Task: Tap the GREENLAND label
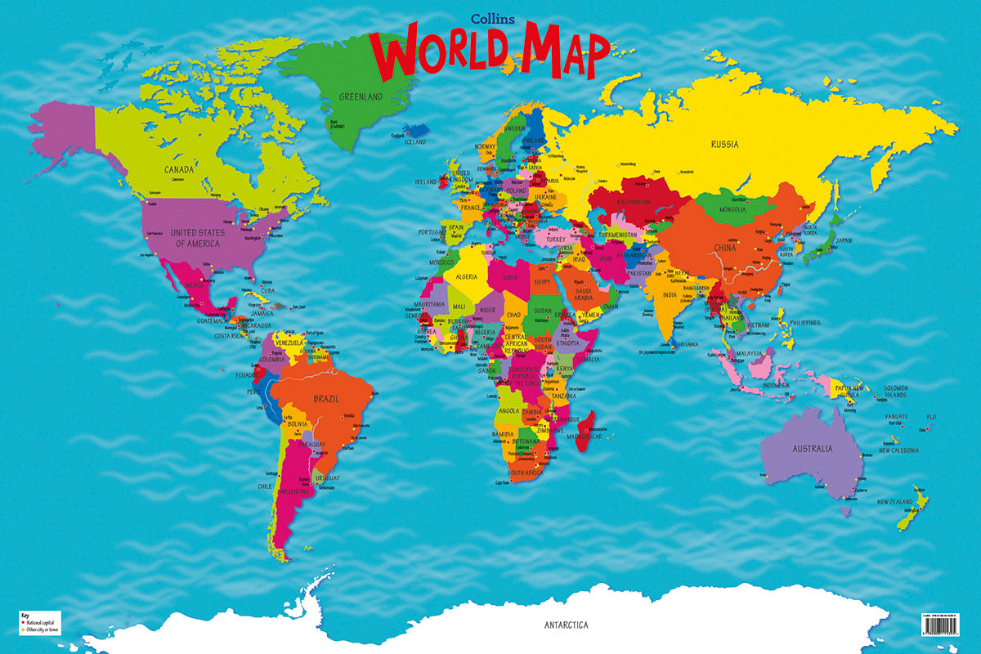[x=361, y=96]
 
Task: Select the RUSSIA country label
[x=724, y=145]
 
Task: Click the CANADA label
[x=179, y=169]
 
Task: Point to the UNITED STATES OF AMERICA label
[x=198, y=238]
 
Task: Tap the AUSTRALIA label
[x=812, y=449]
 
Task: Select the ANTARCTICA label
[x=566, y=625]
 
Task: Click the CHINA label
[x=725, y=249]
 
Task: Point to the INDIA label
[x=670, y=295]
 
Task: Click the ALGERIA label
[x=465, y=277]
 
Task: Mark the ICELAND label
[x=414, y=141]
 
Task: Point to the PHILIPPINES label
[x=804, y=323]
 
